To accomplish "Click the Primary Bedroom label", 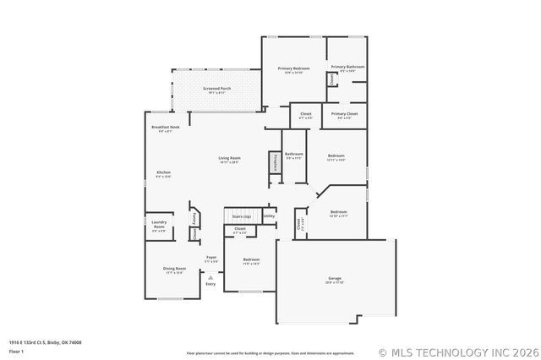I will coord(295,68).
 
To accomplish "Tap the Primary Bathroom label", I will coord(347,67).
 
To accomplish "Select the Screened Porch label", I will coord(217,88).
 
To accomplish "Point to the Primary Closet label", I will coord(344,113).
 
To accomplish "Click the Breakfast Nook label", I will coord(166,128).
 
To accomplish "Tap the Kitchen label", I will coord(164,172).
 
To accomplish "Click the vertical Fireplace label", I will coord(275,161).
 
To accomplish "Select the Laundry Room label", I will coord(159,225).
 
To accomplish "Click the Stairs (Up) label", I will coord(242,217).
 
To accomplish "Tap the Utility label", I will coord(269,216).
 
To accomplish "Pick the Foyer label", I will coord(211,257).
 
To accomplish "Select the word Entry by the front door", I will coord(210,284).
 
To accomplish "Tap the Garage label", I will coord(335,279).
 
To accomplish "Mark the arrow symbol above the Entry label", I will coord(210,276).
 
